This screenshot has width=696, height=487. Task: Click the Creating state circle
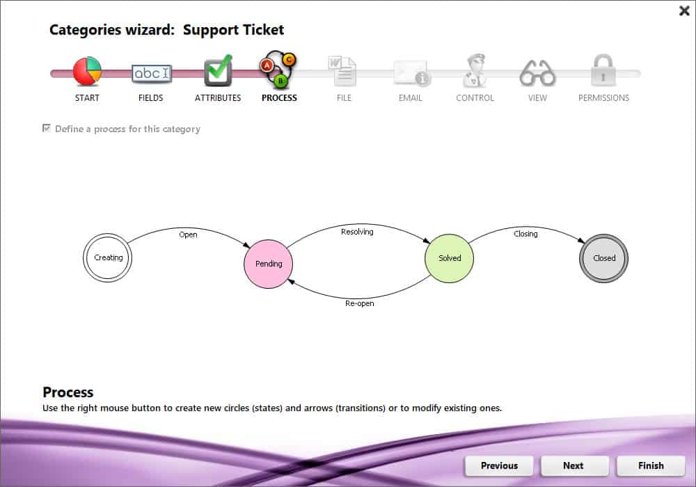108,257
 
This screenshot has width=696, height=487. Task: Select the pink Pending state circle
269,264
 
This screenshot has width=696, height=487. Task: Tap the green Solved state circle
450,258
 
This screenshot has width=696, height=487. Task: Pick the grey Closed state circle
604,258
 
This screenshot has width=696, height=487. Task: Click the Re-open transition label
360,303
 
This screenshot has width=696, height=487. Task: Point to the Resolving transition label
357,232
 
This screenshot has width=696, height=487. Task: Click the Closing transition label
525,234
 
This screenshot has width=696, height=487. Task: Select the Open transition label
188,234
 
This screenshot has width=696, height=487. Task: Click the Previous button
499,465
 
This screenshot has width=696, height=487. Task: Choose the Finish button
651,465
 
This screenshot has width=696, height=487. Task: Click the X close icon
683,10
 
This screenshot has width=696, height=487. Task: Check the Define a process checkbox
47,129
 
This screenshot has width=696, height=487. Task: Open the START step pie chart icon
87,71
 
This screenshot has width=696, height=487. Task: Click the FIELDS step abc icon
151,73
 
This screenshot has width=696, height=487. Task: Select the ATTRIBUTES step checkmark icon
218,71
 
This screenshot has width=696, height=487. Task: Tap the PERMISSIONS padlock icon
603,71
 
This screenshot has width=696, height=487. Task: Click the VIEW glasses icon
537,72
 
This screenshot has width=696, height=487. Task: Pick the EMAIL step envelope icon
411,73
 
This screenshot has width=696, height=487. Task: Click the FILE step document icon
343,71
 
